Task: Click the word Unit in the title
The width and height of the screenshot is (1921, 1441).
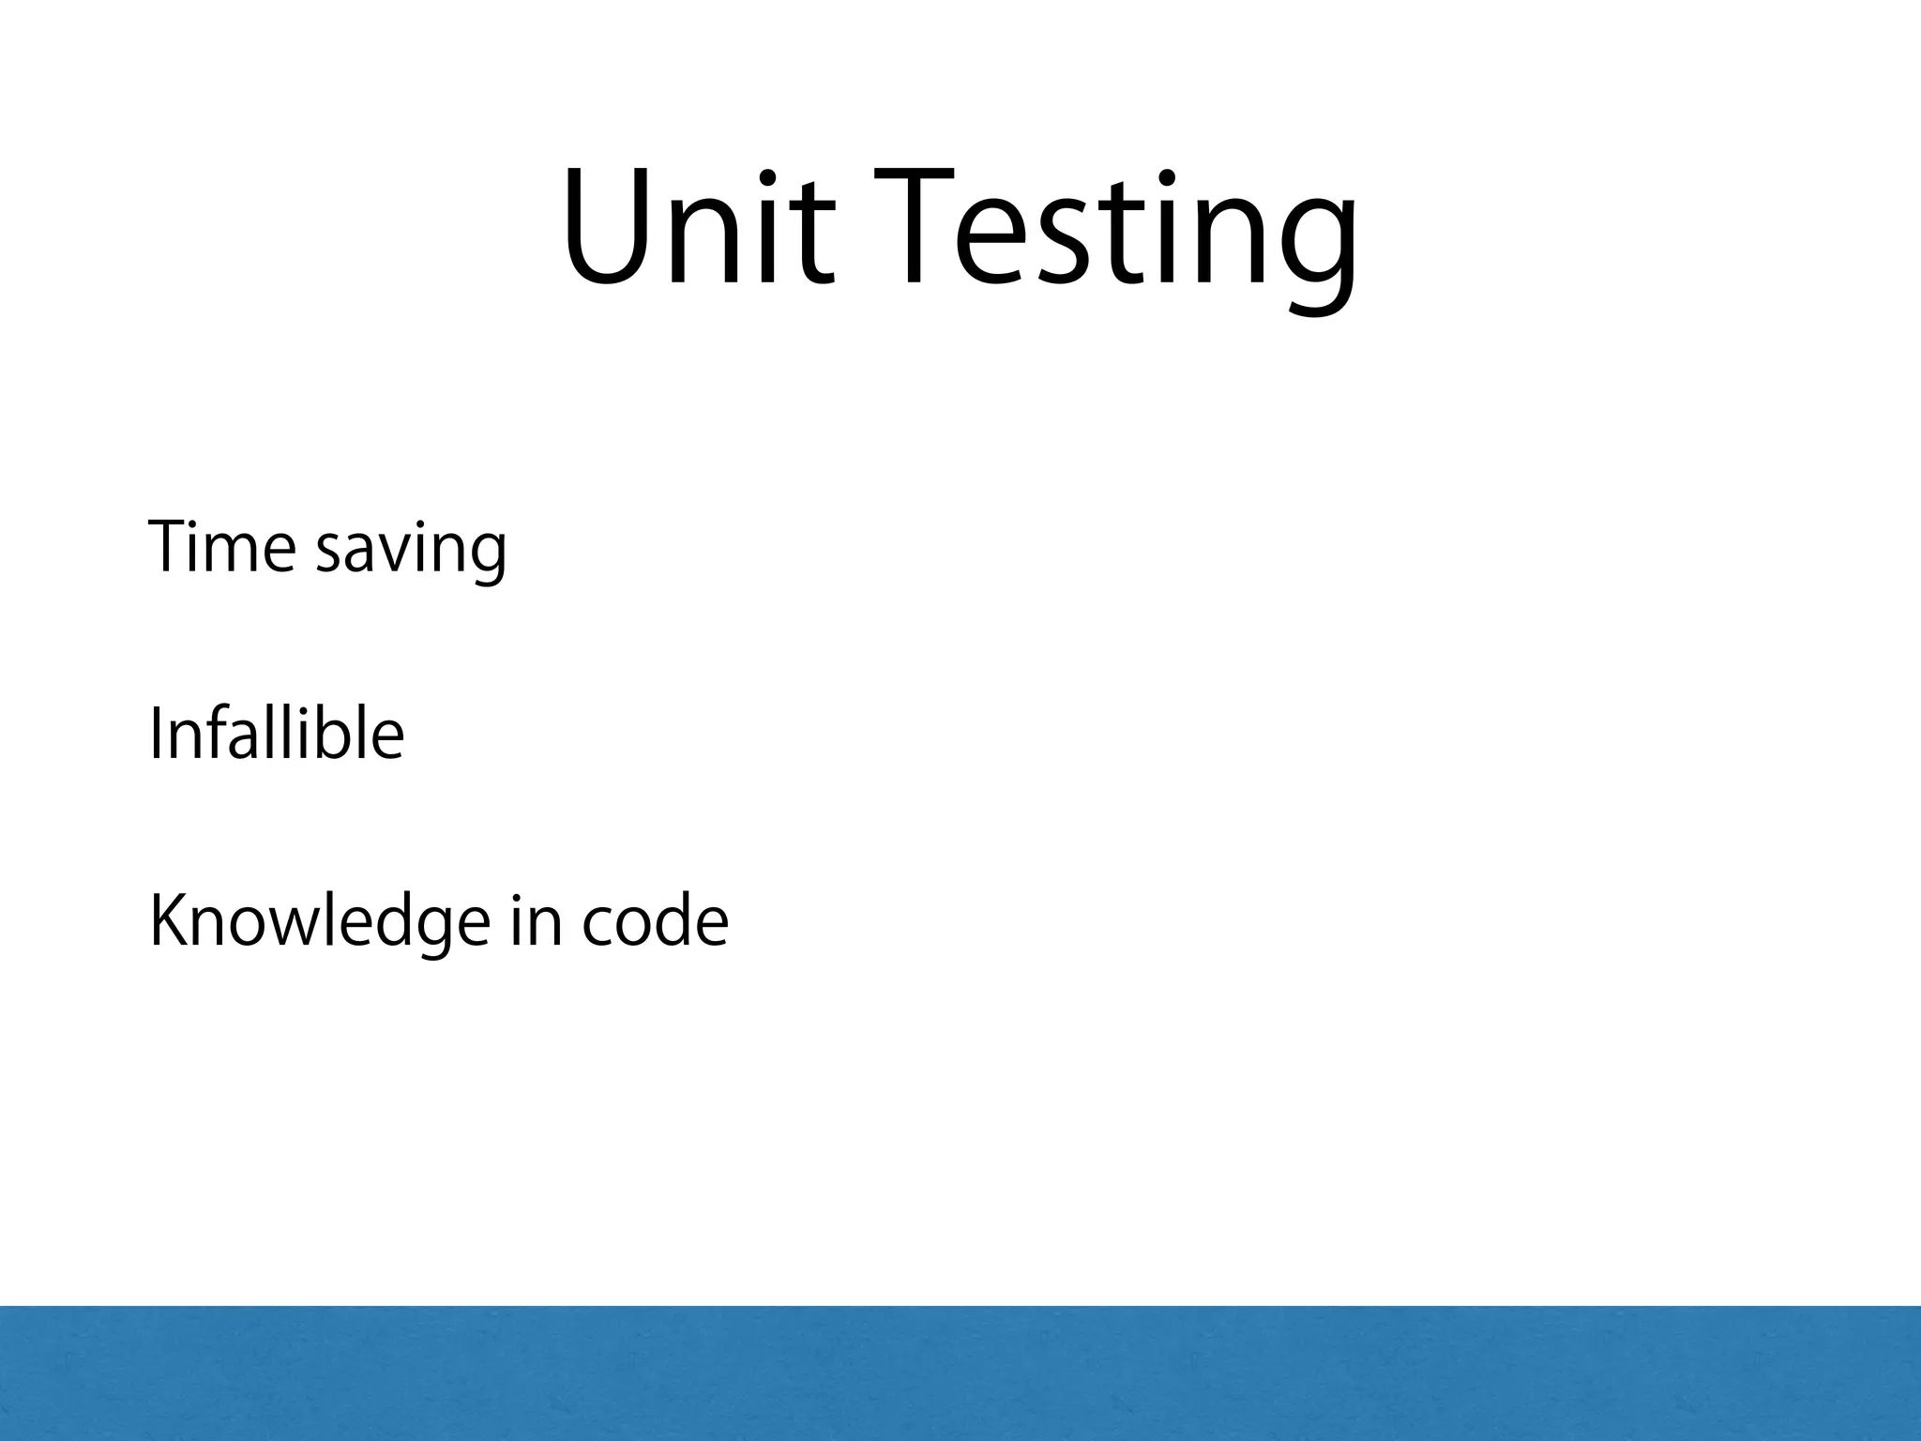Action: click(x=697, y=228)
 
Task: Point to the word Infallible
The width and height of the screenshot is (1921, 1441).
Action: click(x=277, y=734)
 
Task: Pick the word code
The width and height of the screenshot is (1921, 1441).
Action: click(x=655, y=921)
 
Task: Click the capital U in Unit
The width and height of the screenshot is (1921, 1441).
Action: click(x=608, y=228)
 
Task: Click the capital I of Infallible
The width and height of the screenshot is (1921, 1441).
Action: click(x=156, y=734)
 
